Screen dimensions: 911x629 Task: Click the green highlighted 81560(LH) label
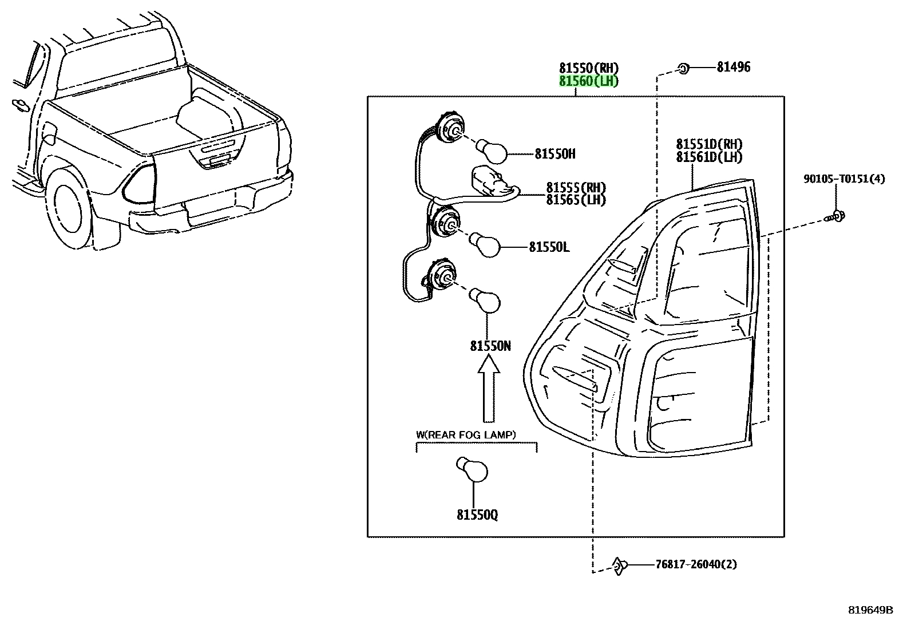point(588,81)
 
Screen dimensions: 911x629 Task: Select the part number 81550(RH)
point(588,68)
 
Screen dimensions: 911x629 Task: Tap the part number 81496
point(733,67)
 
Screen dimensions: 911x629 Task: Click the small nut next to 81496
point(683,68)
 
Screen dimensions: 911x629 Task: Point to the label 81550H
point(554,154)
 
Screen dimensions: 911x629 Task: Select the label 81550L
point(549,247)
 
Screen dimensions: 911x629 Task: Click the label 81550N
point(490,346)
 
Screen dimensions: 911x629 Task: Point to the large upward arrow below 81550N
point(489,389)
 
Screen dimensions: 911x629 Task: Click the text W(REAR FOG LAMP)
point(466,435)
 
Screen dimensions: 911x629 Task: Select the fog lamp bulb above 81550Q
point(472,469)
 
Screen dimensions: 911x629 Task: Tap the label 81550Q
point(477,515)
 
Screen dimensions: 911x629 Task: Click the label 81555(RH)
point(576,188)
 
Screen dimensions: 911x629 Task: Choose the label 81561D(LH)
point(709,157)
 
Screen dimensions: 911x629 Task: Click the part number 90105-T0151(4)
point(844,179)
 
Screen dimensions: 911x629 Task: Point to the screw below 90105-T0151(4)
point(834,216)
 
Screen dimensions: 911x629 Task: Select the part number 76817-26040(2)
point(696,565)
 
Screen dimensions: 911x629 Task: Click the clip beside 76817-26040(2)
point(619,566)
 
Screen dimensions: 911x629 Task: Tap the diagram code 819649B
point(870,610)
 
